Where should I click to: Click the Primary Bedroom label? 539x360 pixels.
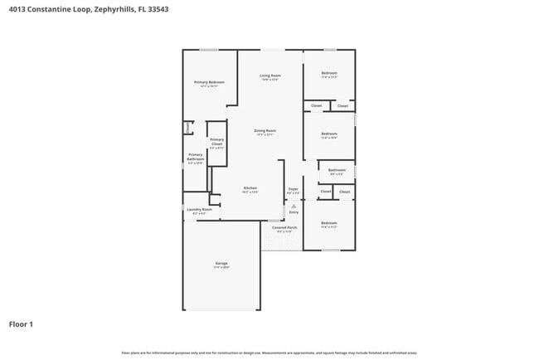[210, 82]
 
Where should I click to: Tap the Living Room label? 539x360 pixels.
[270, 75]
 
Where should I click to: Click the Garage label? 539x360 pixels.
[221, 263]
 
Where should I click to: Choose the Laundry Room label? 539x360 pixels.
[199, 210]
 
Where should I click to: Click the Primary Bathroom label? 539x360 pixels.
[196, 156]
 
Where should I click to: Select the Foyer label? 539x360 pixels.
[293, 189]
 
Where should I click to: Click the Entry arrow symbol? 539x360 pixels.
[294, 205]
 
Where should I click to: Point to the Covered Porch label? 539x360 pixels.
[284, 226]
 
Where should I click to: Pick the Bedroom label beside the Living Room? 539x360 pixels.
[329, 74]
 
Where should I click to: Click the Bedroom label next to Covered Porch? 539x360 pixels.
[329, 222]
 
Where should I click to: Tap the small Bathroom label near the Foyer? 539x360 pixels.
[336, 170]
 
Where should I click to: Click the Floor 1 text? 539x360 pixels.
[22, 324]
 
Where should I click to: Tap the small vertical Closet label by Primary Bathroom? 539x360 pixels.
[187, 127]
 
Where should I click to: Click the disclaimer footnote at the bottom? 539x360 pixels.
[269, 353]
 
